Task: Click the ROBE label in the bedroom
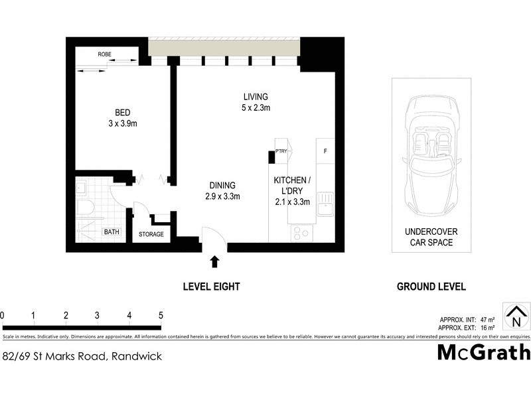(104, 54)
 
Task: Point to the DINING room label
(222, 190)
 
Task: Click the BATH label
(111, 232)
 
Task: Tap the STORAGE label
(151, 234)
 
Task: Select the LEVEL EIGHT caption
(211, 287)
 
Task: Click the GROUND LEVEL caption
(431, 287)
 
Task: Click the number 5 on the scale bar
(161, 315)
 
